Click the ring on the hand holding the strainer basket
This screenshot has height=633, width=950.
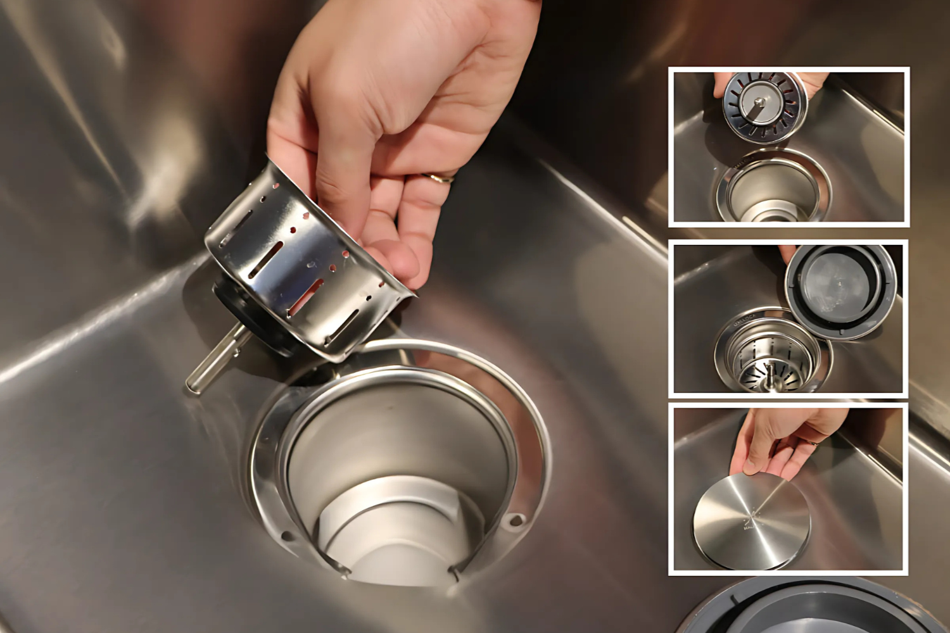coord(440,178)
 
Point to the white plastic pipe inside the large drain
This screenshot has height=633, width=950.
coord(393,532)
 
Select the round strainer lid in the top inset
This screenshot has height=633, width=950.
coord(765,106)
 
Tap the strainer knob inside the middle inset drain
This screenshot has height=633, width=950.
coord(771,373)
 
